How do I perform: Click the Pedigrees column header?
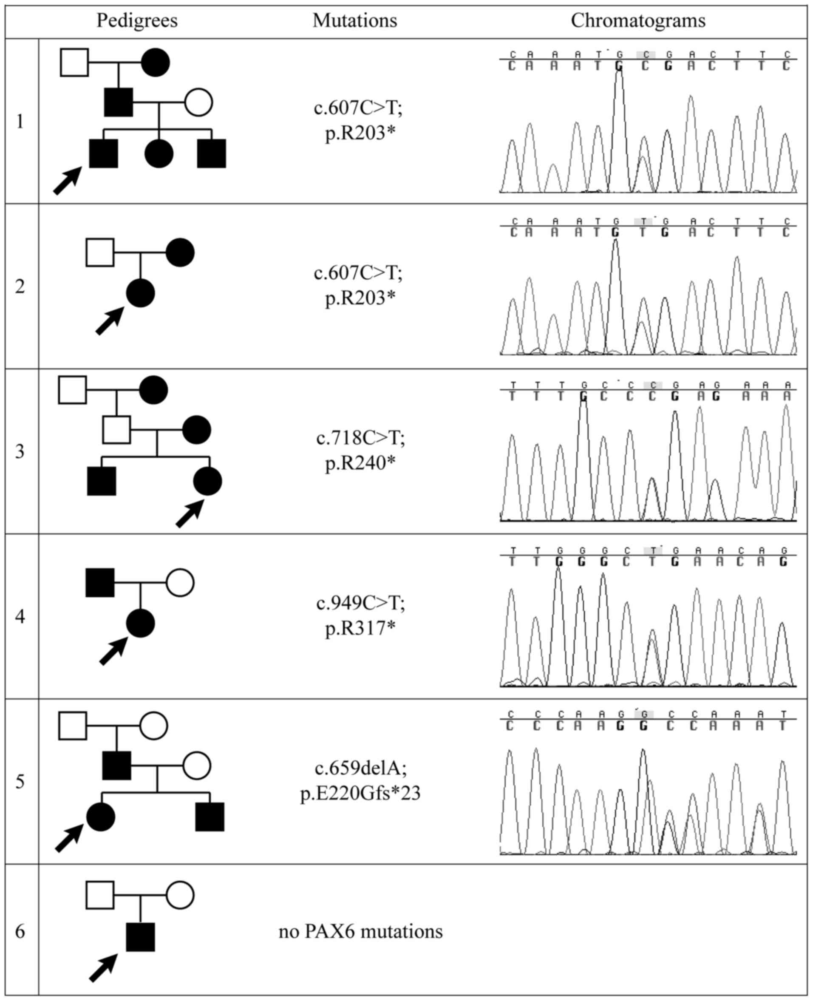(137, 20)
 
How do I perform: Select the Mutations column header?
(354, 20)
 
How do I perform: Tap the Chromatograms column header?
(637, 20)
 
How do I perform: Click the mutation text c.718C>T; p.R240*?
(360, 450)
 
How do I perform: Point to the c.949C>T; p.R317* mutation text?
(360, 615)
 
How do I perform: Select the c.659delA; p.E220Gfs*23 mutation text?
(360, 780)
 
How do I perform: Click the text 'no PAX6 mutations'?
(360, 931)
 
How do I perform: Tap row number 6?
(20, 931)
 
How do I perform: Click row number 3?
(20, 451)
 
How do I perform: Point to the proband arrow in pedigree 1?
(68, 180)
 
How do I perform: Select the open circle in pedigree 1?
(198, 102)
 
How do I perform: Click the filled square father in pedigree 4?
(100, 583)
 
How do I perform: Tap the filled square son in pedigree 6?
(141, 937)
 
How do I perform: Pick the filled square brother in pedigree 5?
(210, 817)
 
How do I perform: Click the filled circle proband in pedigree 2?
(141, 293)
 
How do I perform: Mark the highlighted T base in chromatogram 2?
(643, 221)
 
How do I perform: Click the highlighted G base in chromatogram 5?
(644, 715)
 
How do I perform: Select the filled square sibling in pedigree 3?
(102, 481)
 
